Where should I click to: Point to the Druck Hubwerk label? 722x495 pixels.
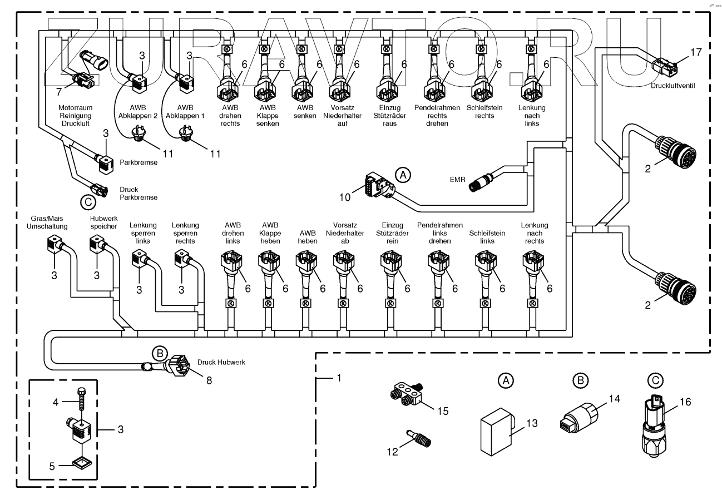[x=221, y=362]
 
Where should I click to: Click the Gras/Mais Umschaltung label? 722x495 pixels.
[x=49, y=222]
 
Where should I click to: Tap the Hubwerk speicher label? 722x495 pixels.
[x=103, y=222]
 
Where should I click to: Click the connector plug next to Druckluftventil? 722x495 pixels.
[x=665, y=67]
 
